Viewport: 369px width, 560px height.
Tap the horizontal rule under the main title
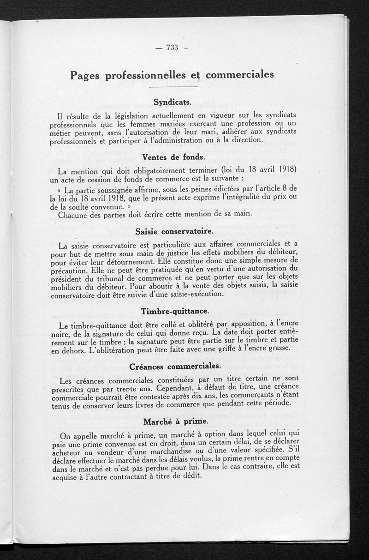click(x=173, y=87)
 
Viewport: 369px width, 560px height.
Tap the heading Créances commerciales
click(x=175, y=367)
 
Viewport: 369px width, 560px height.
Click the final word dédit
click(x=192, y=476)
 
